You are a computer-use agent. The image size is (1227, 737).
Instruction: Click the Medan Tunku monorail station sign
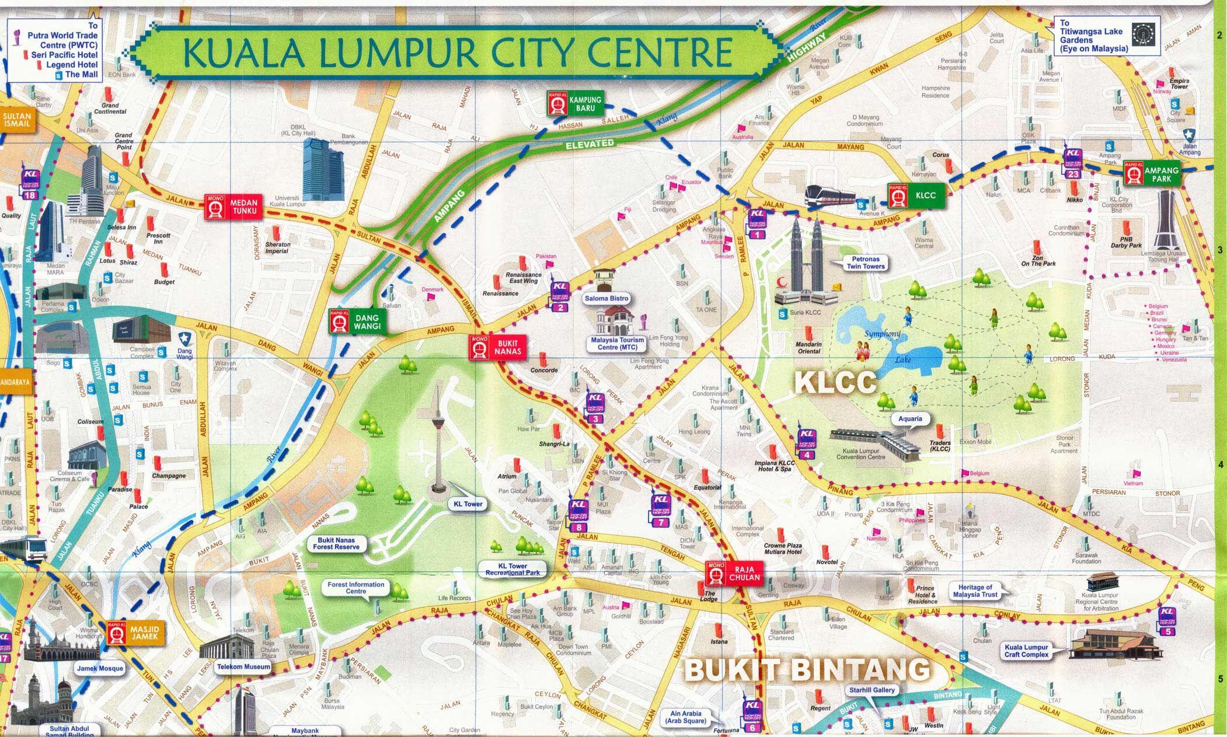tap(232, 207)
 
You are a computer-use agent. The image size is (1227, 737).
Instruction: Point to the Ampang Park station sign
tap(1152, 174)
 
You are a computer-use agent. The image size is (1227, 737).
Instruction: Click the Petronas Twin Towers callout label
tap(866, 263)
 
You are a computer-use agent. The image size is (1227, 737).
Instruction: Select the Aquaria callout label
tap(910, 418)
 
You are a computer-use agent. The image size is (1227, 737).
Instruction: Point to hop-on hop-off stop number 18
tap(30, 186)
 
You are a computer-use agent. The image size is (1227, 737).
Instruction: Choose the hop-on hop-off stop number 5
tap(1167, 621)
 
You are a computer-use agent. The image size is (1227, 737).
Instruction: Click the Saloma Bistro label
tap(606, 298)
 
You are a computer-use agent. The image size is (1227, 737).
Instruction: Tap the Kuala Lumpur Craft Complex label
tap(1026, 651)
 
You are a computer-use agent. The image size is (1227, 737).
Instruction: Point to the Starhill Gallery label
tap(872, 690)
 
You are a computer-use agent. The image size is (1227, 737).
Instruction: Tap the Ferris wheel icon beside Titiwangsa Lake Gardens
tap(1139, 34)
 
